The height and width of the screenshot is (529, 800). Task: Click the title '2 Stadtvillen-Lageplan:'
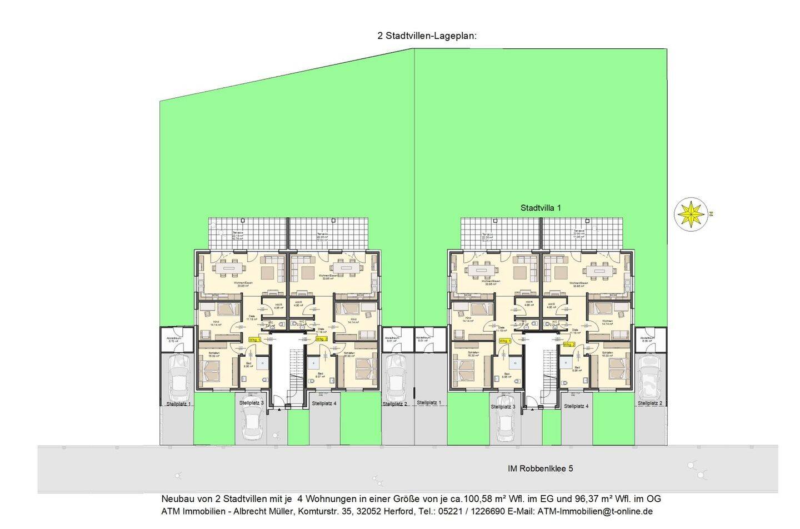coord(427,36)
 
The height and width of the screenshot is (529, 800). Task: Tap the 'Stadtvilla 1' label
coord(540,208)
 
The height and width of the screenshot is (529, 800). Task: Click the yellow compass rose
coord(691,213)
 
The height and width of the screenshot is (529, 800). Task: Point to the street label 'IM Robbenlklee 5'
coord(540,468)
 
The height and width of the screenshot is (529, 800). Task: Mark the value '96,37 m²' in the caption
coord(592,499)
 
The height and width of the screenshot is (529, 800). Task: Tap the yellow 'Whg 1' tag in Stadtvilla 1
coord(504,341)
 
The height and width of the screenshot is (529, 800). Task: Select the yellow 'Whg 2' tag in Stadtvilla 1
coord(569,345)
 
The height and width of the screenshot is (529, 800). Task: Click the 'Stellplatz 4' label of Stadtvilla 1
coord(576,406)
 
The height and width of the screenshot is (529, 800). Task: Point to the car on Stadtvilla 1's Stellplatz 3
coord(505,419)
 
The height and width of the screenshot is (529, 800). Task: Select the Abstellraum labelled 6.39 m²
coord(647,338)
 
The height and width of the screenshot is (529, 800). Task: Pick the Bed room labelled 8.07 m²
coord(320,376)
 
